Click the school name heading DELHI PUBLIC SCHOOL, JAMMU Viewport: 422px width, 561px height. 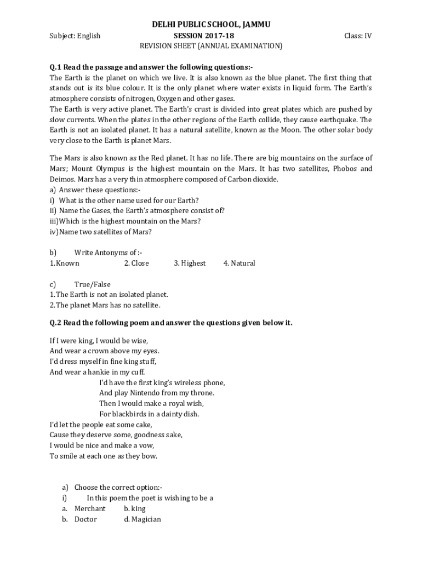211,25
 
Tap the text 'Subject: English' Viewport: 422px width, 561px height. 75,36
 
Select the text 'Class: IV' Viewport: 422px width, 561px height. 358,36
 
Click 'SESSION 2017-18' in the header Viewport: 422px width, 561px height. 211,36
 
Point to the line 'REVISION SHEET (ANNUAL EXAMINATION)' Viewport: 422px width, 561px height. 211,46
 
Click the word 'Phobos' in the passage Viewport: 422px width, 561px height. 346,169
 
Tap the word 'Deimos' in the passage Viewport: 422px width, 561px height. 62,179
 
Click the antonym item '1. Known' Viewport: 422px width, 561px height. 65,263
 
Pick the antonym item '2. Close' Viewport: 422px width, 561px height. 136,263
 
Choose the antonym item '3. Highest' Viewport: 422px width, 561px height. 190,263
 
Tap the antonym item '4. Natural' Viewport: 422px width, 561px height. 239,263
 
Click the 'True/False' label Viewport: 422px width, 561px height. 92,284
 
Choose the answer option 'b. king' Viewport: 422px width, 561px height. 135,508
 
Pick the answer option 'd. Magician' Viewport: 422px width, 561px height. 142,519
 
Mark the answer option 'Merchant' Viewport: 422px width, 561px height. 90,508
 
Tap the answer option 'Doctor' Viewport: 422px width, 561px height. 85,519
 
